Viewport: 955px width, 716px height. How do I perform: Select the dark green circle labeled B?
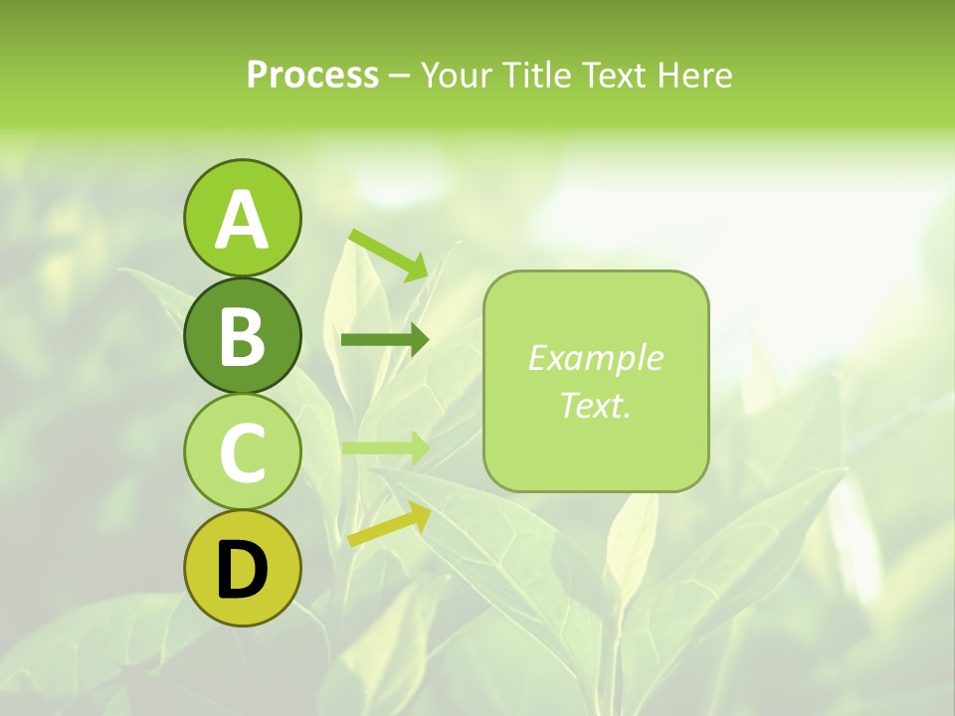point(242,335)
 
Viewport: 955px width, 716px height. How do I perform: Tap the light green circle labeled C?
point(242,452)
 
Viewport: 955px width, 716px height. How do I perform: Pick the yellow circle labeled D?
point(242,569)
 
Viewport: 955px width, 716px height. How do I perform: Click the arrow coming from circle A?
point(389,254)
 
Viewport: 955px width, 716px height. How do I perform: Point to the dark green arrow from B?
point(384,340)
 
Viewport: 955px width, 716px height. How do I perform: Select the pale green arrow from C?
point(384,447)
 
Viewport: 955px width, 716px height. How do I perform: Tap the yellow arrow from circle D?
point(389,524)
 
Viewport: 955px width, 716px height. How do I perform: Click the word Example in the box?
point(595,358)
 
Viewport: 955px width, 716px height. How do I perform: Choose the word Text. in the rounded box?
point(595,405)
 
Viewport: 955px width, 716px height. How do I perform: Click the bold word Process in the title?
point(312,75)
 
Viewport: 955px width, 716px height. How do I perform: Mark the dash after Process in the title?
point(399,77)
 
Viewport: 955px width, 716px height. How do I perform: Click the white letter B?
point(242,335)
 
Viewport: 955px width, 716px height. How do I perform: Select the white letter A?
point(242,219)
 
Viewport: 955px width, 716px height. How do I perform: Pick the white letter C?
point(242,452)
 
